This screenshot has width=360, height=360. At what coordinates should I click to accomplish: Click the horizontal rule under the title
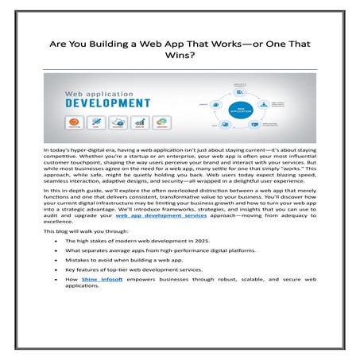[x=180, y=67]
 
